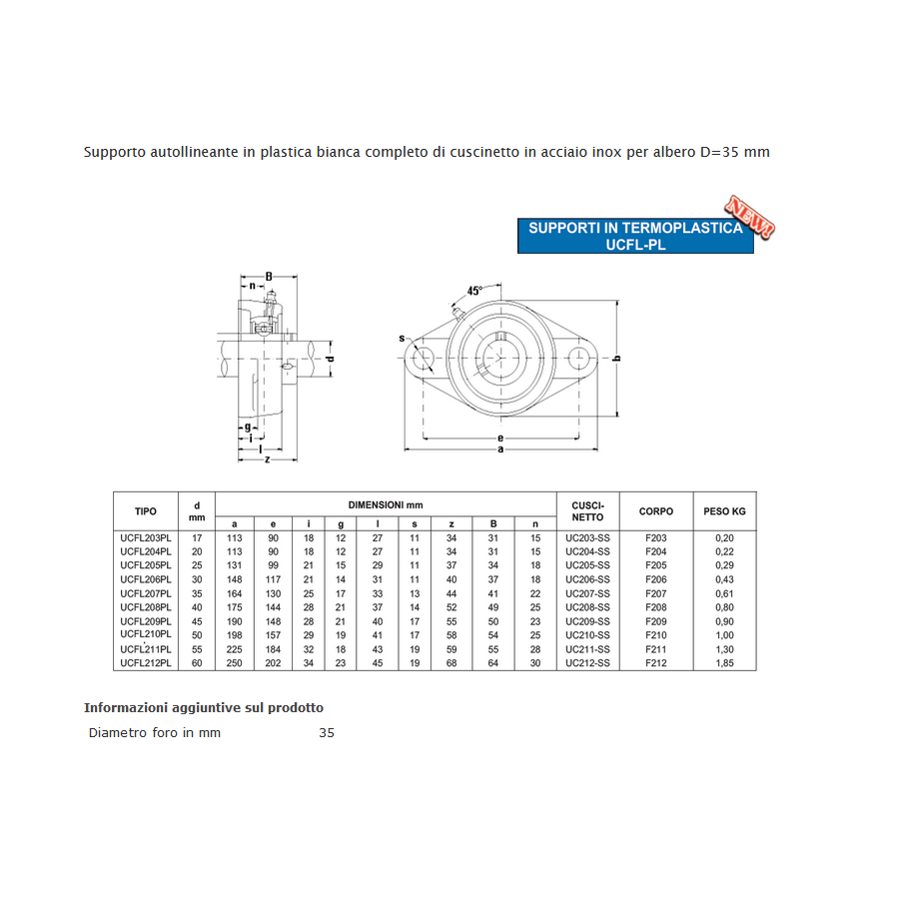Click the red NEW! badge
pos(750,216)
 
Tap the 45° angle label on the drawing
pos(474,291)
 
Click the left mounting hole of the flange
pos(424,358)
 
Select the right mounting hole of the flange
pos(578,358)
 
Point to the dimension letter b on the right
pos(617,359)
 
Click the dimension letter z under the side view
pos(267,459)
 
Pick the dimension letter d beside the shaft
pos(330,359)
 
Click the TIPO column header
pos(146,511)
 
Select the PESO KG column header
pos(725,511)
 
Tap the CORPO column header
pos(656,511)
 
